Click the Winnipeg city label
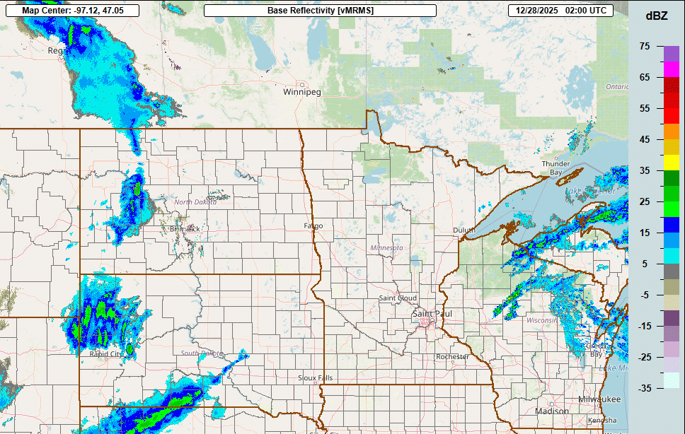(x=302, y=92)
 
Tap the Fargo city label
(x=313, y=226)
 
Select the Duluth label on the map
(x=465, y=230)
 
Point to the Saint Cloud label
(x=397, y=298)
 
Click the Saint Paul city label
(x=432, y=313)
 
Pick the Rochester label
(x=452, y=357)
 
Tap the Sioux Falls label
(x=315, y=378)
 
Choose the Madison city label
(x=552, y=411)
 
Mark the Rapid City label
(x=105, y=354)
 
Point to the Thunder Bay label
(x=556, y=168)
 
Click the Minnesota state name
(x=386, y=248)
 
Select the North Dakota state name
(x=196, y=203)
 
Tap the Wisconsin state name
(x=541, y=320)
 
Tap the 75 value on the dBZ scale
(x=644, y=46)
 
